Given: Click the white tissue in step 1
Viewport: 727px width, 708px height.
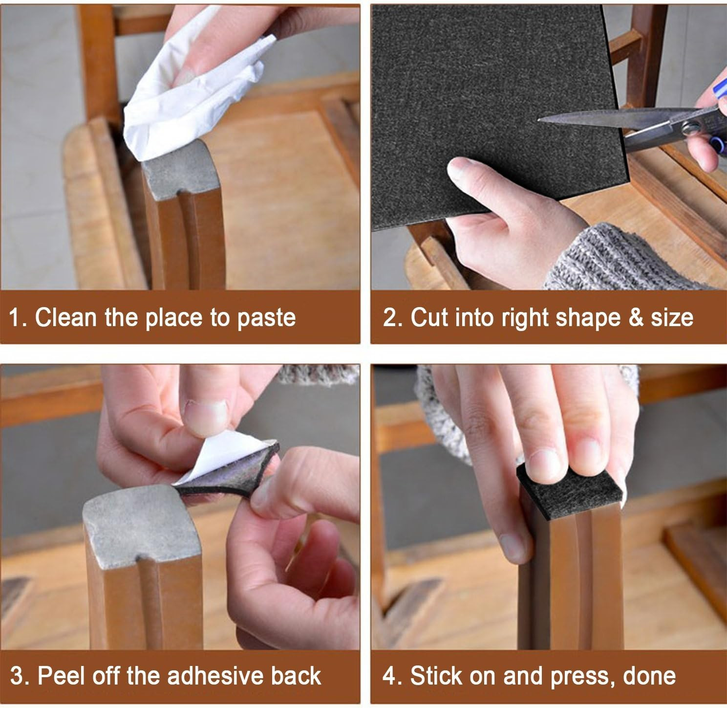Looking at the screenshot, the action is coord(194,93).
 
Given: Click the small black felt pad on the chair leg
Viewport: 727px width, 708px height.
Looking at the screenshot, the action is coord(569,491).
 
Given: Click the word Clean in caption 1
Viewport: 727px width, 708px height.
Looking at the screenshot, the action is coord(66,318).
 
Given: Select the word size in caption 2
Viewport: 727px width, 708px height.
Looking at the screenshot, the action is coord(672,318).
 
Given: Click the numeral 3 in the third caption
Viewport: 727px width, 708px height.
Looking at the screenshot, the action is coord(17,676).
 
